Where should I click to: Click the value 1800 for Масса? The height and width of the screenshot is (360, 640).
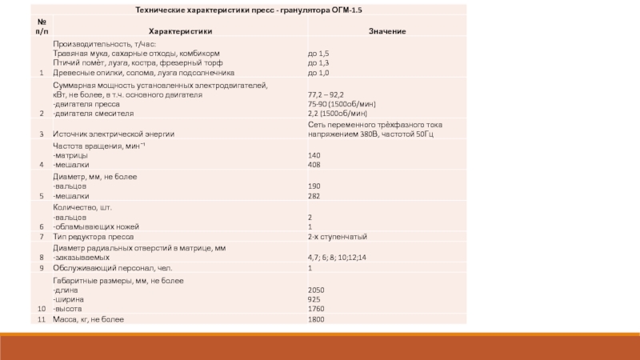pos(316,320)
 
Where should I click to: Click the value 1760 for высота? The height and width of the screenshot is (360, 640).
pos(316,309)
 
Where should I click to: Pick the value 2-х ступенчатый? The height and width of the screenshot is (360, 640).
pos(338,238)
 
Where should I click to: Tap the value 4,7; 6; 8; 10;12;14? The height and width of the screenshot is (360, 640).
pos(337,258)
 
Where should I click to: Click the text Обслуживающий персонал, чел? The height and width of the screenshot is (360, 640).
pos(112,268)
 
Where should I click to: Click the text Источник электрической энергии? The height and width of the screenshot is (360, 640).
pos(114,134)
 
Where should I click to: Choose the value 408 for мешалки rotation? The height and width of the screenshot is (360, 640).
pos(314,165)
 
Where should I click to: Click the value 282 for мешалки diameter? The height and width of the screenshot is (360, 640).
pos(314,195)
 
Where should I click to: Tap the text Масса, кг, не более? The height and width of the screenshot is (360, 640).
pos(89,320)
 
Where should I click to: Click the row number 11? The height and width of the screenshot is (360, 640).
pos(41,320)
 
